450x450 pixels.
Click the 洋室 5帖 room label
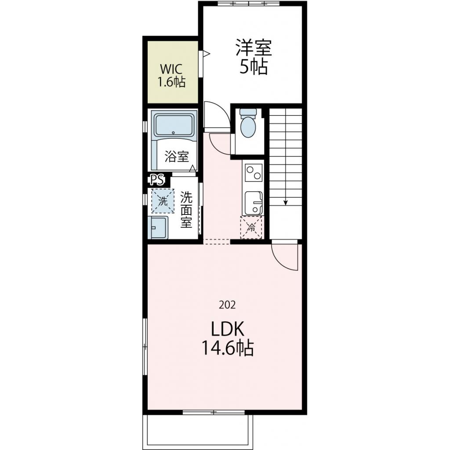(x=254, y=57)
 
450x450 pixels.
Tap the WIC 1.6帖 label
(x=171, y=76)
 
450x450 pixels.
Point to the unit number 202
(x=227, y=305)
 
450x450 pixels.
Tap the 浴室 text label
(x=177, y=156)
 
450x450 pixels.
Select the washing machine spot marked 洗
(x=163, y=201)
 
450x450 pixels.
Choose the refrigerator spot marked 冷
(x=251, y=228)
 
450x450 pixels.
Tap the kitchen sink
(x=254, y=203)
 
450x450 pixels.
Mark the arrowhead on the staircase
(x=286, y=203)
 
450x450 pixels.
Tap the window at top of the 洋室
(x=248, y=4)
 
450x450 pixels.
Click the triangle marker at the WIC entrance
(x=207, y=54)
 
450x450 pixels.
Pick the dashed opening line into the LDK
(x=217, y=242)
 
